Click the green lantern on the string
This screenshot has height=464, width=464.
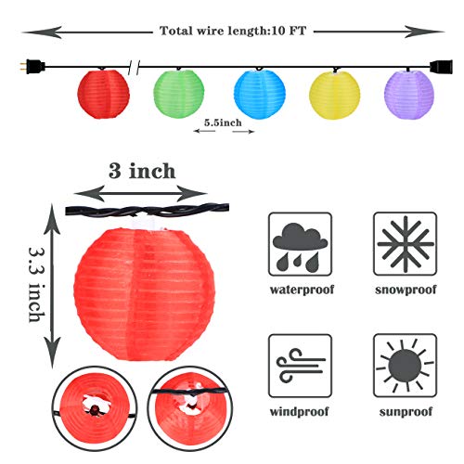coord(179,94)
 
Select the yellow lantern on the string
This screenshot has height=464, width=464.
coord(335,95)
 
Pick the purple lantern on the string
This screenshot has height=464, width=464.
coord(409,95)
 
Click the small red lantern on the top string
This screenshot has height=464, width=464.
coord(103,94)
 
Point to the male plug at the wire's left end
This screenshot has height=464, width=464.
coord(32,67)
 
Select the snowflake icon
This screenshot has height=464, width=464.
coord(406,244)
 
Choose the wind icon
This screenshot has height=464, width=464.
coord(300,366)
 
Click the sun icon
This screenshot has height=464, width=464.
coord(406,366)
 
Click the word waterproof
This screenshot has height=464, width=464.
coord(302,290)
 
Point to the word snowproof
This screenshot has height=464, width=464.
coord(406,290)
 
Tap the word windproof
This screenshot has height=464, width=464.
coord(299,412)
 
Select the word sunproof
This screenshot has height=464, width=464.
coord(406,412)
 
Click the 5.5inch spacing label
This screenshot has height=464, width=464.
coord(223,122)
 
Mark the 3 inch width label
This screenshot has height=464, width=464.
coord(142,171)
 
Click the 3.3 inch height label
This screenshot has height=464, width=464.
coord(37,285)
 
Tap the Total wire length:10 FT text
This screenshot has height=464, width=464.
coord(233,31)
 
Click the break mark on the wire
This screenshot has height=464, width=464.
coord(134,67)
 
